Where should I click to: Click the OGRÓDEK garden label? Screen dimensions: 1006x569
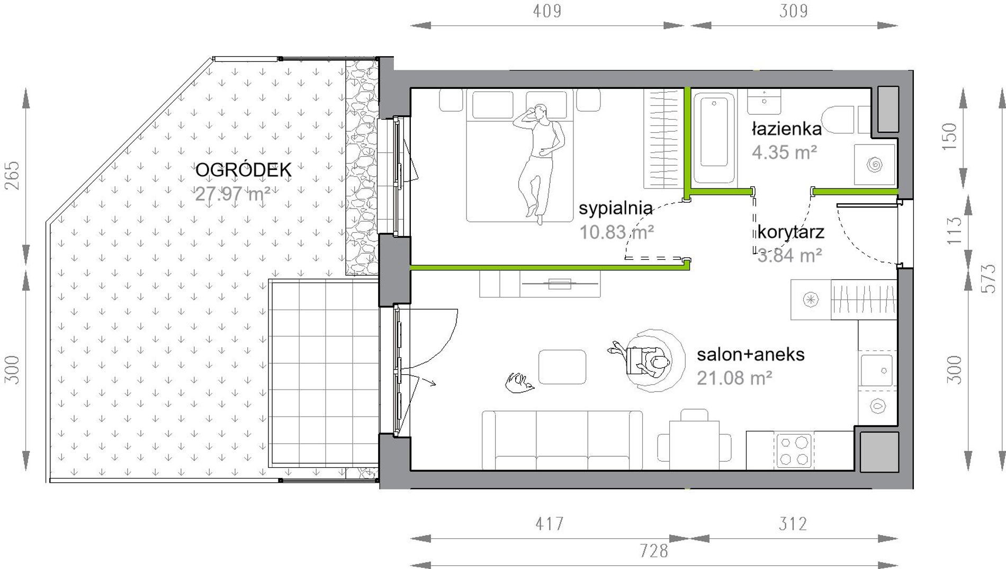[x=244, y=170]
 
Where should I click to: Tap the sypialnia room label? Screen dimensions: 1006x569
[x=615, y=208]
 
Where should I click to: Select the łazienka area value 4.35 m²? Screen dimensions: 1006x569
[x=785, y=152]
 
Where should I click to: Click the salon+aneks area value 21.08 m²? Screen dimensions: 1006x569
[x=734, y=378]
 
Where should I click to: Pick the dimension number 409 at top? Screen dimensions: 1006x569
[x=546, y=11]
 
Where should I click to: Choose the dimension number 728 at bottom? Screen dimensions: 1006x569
[x=654, y=551]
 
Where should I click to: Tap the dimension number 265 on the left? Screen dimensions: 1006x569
[x=12, y=175]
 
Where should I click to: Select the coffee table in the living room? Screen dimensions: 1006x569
[x=562, y=367]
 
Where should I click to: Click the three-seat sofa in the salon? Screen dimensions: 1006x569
[x=562, y=440]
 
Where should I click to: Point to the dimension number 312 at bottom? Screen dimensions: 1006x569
[x=793, y=524]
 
